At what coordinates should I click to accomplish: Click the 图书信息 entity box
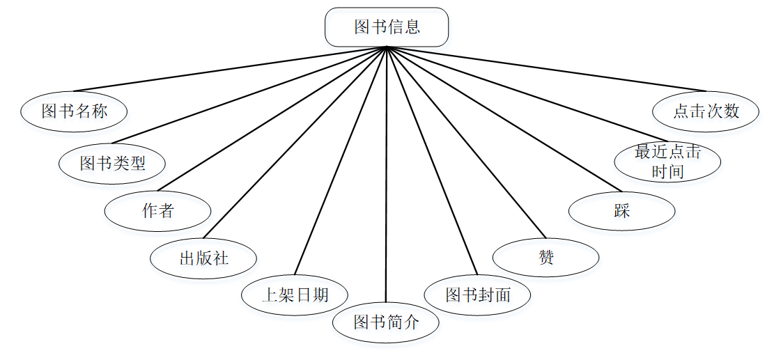coord(387,27)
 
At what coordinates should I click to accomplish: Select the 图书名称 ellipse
coord(74,111)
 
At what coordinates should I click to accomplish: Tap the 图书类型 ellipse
coord(112,164)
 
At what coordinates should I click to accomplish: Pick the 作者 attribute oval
coord(157,211)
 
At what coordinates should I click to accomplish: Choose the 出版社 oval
coord(203,258)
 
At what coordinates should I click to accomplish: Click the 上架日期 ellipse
coord(294,295)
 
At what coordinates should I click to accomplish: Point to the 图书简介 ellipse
coord(385,322)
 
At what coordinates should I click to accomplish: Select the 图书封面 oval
coord(478,295)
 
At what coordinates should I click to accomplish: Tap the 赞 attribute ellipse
coord(545,258)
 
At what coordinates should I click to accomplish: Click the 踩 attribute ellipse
coord(621,211)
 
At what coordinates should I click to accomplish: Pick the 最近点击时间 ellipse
coord(667,162)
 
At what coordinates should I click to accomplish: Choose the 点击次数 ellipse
coord(706,111)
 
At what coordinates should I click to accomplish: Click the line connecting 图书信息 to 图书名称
coord(230,69)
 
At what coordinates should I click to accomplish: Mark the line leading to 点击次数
coord(547,69)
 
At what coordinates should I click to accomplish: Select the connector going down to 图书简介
coord(386,174)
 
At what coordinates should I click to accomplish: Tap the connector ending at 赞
coord(465,142)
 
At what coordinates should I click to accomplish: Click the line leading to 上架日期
coord(341,160)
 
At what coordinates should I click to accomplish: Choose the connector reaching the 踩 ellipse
coord(503,119)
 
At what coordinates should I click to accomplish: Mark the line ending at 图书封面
coord(432,160)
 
